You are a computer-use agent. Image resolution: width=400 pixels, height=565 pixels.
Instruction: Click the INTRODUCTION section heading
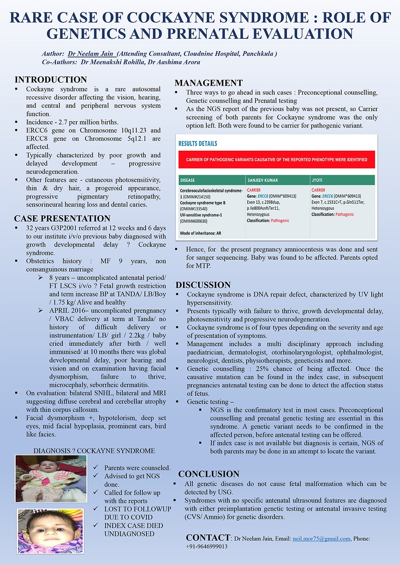[x=51, y=80]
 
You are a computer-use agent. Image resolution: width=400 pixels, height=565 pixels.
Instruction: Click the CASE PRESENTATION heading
[x=62, y=219]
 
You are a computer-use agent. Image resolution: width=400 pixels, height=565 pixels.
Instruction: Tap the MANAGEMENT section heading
[x=208, y=83]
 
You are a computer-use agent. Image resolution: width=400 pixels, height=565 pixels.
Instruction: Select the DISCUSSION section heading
[x=203, y=285]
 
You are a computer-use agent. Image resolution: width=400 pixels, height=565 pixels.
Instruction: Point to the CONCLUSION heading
[x=208, y=474]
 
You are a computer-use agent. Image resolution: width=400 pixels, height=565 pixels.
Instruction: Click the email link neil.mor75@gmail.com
[x=321, y=539]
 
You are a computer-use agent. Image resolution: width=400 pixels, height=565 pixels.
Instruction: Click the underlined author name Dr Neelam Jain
[x=92, y=54]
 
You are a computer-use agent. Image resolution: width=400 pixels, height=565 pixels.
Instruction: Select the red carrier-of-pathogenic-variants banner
[x=276, y=160]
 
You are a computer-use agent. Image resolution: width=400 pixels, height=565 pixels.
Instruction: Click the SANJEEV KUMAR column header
[x=263, y=180]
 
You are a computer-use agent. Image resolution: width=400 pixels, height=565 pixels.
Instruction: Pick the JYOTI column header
[x=317, y=180]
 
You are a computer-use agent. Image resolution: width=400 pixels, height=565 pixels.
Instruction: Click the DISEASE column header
[x=188, y=180]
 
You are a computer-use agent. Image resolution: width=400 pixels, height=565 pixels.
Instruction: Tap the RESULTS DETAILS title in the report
[x=198, y=144]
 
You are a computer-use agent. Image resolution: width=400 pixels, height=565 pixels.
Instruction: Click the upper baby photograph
[x=51, y=478]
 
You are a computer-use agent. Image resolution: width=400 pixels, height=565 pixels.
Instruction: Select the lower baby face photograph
[x=51, y=531]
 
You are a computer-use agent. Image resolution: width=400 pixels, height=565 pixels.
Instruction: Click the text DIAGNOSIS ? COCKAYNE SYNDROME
[x=94, y=451]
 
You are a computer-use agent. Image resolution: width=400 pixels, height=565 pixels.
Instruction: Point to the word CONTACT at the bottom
[x=208, y=538]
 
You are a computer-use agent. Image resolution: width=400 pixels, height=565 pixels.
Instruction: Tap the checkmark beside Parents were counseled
[x=96, y=467]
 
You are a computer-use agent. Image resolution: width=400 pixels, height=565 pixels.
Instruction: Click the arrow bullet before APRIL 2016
[x=41, y=311]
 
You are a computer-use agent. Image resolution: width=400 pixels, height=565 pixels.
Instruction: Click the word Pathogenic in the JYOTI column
[x=344, y=214]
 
